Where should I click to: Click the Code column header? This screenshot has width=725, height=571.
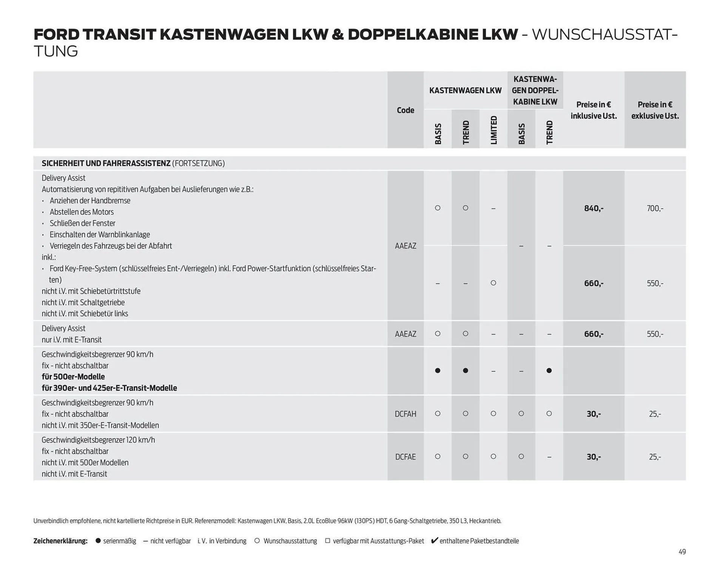pyautogui.click(x=405, y=110)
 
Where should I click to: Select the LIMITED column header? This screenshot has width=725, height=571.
pyautogui.click(x=494, y=130)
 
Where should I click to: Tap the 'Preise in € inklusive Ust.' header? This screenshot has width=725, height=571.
pyautogui.click(x=594, y=110)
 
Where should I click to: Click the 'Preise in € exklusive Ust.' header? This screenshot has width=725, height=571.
pyautogui.click(x=655, y=110)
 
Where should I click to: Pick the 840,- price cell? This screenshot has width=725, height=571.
pyautogui.click(x=594, y=208)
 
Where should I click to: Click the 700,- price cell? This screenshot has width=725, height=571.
pyautogui.click(x=655, y=208)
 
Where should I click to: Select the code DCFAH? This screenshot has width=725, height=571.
pyautogui.click(x=405, y=414)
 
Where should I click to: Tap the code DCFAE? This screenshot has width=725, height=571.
pyautogui.click(x=405, y=457)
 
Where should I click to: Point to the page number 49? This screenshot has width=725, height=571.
pyautogui.click(x=682, y=552)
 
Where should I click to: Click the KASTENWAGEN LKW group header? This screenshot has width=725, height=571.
pyautogui.click(x=465, y=91)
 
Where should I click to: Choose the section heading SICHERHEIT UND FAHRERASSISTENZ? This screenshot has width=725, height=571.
pyautogui.click(x=106, y=163)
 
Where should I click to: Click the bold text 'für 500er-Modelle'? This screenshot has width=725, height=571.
pyautogui.click(x=73, y=377)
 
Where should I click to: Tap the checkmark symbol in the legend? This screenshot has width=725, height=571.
pyautogui.click(x=434, y=540)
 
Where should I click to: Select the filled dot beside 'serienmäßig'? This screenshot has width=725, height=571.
pyautogui.click(x=98, y=541)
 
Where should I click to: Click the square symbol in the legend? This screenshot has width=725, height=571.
pyautogui.click(x=327, y=541)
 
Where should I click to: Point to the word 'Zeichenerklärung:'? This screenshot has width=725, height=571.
pyautogui.click(x=60, y=541)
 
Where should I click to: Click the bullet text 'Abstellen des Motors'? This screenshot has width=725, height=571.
pyautogui.click(x=82, y=212)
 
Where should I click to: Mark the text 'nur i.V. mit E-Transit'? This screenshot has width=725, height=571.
pyautogui.click(x=72, y=340)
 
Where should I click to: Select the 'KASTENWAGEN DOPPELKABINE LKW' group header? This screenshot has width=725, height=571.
pyautogui.click(x=535, y=91)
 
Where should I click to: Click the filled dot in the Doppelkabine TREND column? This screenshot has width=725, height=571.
pyautogui.click(x=549, y=371)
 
